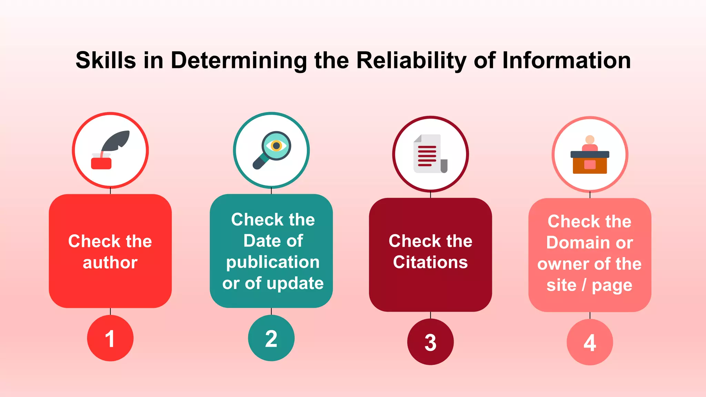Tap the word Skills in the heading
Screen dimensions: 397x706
click(105, 61)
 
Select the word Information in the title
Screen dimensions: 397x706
click(566, 61)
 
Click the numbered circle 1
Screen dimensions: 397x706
click(110, 338)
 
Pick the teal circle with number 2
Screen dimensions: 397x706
click(271, 338)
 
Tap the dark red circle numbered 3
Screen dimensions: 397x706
click(430, 342)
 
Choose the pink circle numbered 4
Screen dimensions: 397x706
click(589, 342)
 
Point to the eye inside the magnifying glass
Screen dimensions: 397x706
click(276, 145)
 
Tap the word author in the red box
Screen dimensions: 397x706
click(110, 263)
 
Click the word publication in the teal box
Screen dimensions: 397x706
click(273, 262)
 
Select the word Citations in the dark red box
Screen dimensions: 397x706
click(430, 262)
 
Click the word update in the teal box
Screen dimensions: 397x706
click(295, 283)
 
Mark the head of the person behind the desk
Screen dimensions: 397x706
click(590, 140)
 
